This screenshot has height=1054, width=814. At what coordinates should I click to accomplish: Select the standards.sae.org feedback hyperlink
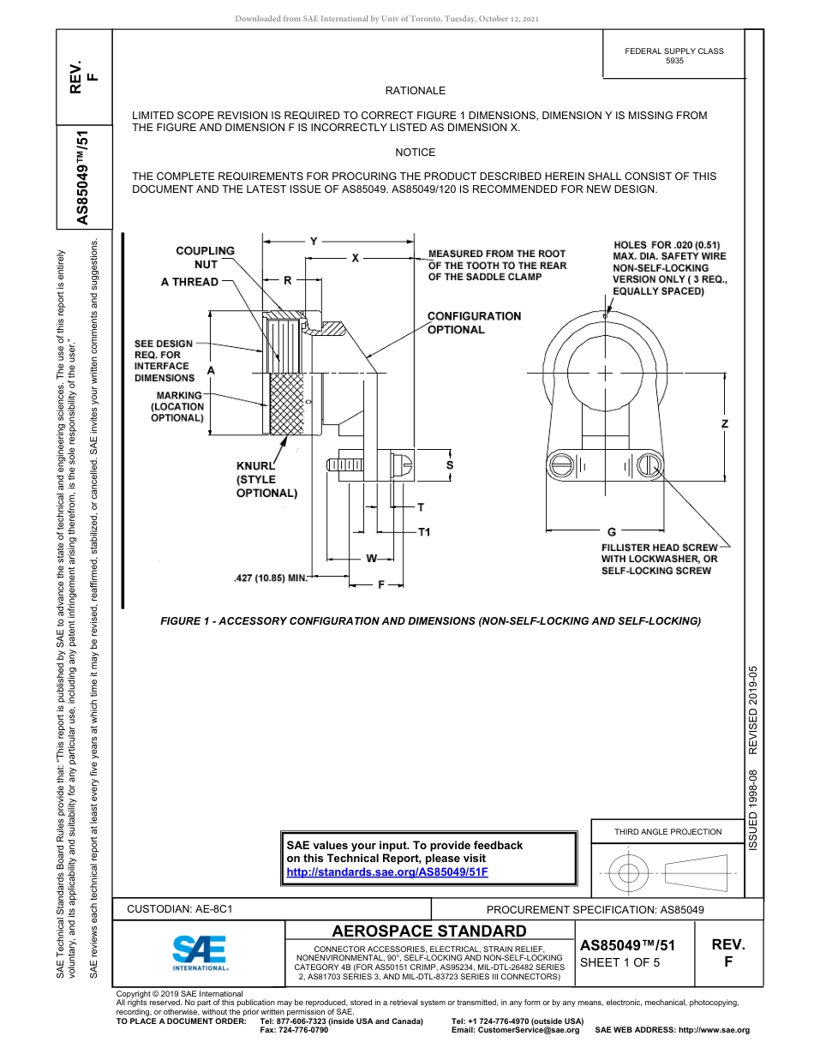(386, 871)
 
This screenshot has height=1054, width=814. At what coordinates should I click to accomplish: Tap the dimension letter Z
(725, 424)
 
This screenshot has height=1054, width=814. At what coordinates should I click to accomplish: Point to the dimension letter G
(611, 532)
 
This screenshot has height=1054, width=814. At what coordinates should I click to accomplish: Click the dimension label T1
(423, 533)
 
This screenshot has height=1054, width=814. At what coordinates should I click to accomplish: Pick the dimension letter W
(372, 559)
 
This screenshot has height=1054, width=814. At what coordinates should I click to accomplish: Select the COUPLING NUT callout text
(205, 257)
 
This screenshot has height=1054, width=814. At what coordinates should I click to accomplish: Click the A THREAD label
(189, 282)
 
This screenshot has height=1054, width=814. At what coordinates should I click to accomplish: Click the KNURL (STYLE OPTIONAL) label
(266, 479)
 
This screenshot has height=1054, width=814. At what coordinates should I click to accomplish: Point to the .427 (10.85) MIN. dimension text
(270, 578)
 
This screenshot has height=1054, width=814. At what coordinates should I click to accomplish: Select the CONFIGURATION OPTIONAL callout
(474, 323)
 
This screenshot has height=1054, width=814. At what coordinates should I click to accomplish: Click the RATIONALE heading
(415, 90)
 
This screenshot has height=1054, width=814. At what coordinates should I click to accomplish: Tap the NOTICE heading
(415, 152)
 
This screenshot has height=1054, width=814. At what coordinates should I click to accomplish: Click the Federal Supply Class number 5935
(674, 61)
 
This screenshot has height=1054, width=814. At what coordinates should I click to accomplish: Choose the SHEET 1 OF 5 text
(619, 961)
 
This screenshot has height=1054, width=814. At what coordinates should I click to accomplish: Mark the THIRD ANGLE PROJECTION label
(667, 830)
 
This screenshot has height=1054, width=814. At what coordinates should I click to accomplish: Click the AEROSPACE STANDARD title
(429, 931)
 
